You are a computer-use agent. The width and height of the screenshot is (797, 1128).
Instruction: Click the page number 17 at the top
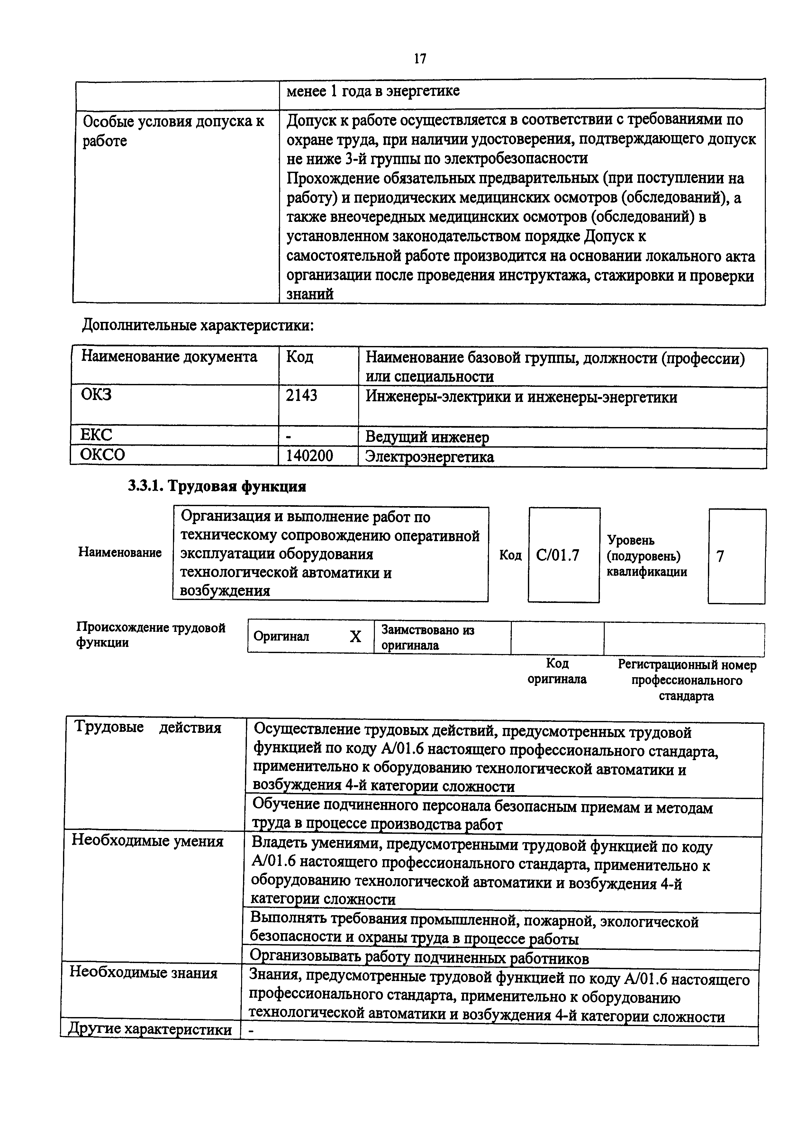(420, 59)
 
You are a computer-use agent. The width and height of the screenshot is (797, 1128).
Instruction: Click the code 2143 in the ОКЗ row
(302, 396)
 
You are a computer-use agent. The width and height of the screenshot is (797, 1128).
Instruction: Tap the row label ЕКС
(96, 435)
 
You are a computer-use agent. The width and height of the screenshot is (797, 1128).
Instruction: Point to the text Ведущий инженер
(427, 437)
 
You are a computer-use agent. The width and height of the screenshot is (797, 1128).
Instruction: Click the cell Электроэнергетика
(430, 457)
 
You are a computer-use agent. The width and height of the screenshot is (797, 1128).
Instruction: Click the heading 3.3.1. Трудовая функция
(217, 486)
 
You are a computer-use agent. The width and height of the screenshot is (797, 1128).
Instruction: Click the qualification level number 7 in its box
(720, 556)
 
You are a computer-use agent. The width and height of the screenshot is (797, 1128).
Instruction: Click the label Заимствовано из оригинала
(427, 637)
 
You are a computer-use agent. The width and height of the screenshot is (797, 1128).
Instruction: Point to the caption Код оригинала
(557, 671)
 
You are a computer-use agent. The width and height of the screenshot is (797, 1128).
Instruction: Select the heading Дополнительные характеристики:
(198, 325)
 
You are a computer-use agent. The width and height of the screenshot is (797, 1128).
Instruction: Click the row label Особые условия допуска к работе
(173, 131)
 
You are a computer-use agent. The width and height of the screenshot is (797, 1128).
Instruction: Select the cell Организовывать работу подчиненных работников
(419, 958)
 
